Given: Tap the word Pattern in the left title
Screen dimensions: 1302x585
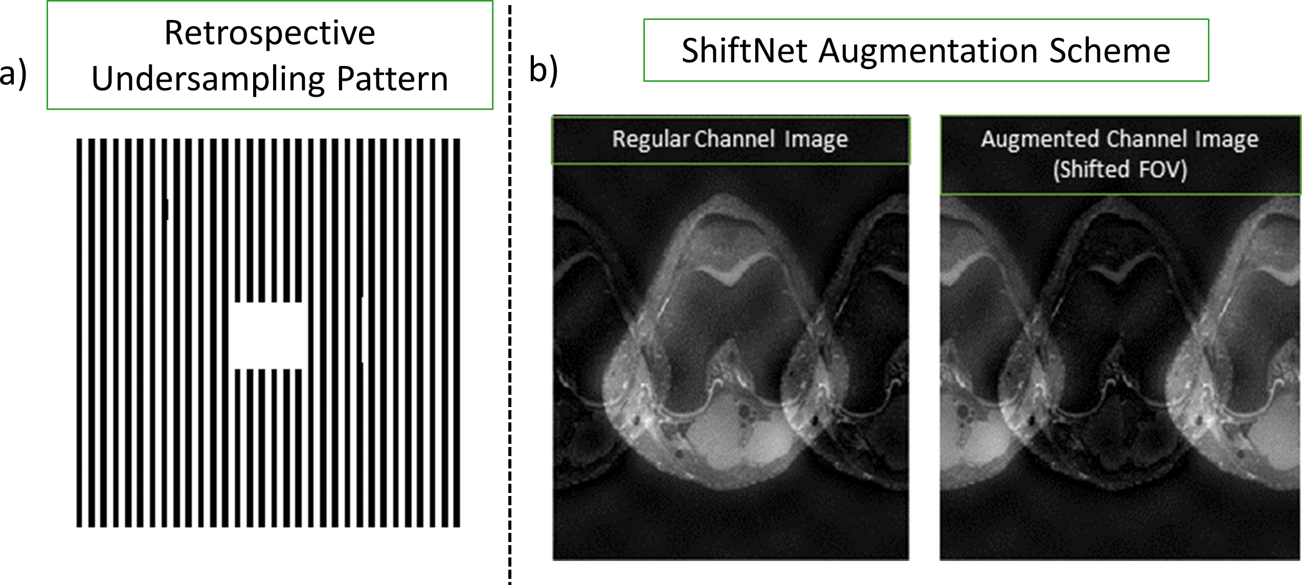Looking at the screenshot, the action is coord(392,80).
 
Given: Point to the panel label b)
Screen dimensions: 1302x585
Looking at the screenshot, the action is coord(543,70).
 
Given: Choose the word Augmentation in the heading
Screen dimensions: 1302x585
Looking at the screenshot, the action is coord(928,51).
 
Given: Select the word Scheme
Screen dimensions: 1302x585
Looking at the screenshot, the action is coord(1110,51).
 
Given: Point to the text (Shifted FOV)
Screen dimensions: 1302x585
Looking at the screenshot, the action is coord(1120,170).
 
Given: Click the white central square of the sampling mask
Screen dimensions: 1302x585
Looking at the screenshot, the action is coord(268,335).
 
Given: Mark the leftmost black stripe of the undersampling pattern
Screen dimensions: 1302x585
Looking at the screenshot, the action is coord(79,332).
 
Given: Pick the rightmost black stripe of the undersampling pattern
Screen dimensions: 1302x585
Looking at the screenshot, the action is coord(457,332).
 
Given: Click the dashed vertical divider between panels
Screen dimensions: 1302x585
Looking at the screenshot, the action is coord(510,307).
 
